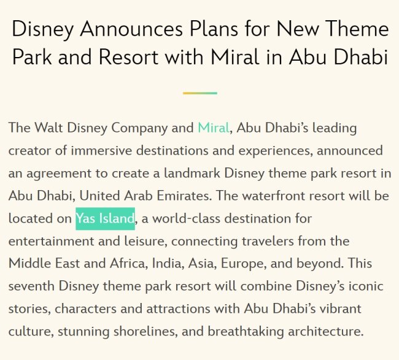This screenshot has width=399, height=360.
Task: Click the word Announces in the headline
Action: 131,29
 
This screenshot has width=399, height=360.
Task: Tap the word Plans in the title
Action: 214,28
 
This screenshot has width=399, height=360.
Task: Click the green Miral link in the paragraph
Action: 214,128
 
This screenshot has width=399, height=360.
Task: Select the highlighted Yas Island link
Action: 106,219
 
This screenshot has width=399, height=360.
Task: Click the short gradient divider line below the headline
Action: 199,93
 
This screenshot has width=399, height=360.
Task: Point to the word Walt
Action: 48,128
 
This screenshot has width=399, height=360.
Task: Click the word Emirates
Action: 184,196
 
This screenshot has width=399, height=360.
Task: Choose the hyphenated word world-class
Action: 186,218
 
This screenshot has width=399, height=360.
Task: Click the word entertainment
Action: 51,241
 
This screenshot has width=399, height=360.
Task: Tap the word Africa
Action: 129,263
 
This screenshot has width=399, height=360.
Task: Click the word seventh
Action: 31,286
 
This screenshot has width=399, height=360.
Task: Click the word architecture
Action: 326,331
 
